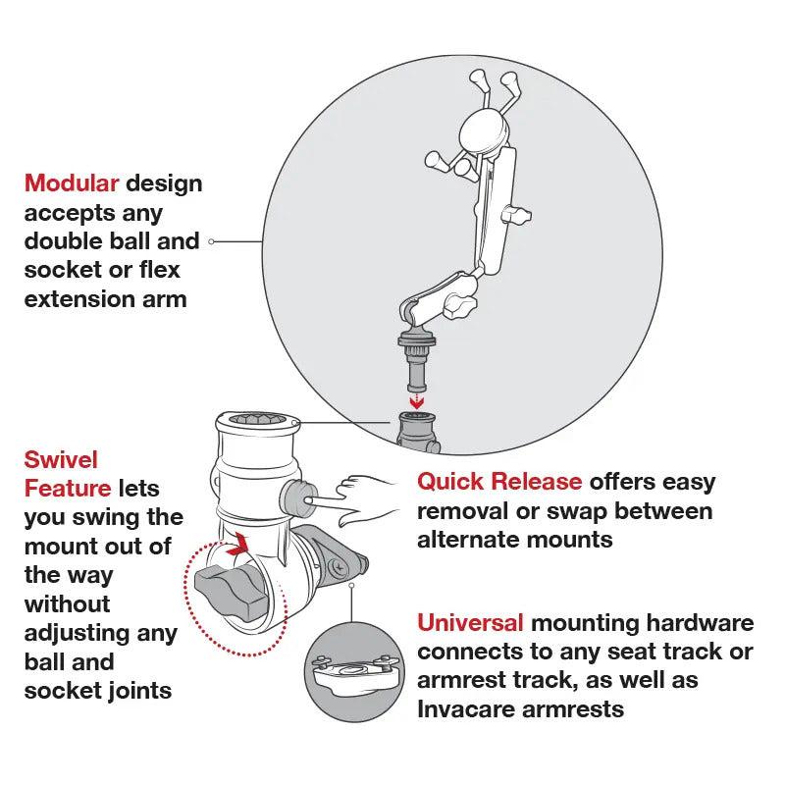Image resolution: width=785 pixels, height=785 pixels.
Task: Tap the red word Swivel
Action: [61, 458]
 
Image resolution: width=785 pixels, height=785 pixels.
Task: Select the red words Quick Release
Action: [499, 482]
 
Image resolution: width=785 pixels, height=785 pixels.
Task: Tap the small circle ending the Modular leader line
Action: [213, 240]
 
